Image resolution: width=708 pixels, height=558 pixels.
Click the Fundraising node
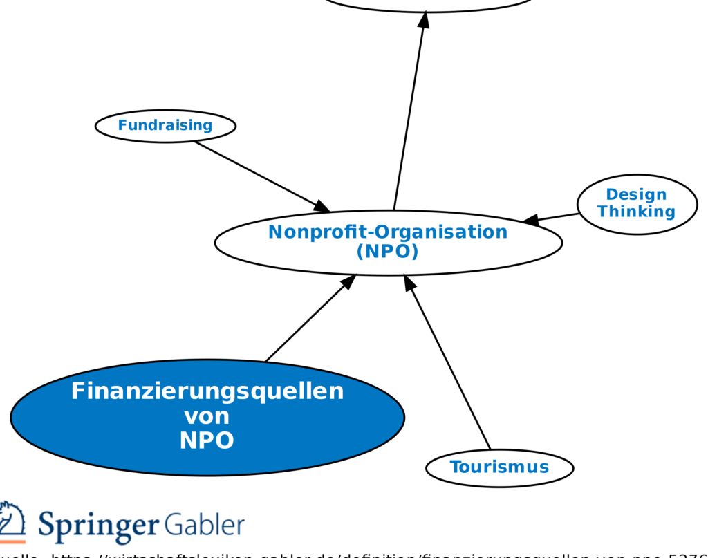165,126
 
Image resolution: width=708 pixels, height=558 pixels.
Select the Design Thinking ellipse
637,204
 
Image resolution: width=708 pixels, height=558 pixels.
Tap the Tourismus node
499,467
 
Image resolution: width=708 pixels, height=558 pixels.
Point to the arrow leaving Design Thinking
553,218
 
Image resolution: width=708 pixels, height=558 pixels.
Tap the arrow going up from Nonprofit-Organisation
409,111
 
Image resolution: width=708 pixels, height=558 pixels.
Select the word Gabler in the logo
204,526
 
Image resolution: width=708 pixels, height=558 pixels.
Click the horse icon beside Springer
12,522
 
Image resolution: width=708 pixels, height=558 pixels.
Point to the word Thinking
636,212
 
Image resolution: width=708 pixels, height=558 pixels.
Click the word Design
636,194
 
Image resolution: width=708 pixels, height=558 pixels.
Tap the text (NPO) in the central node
388,252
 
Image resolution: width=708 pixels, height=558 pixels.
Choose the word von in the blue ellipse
207,416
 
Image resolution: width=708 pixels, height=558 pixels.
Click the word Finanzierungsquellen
207,391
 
